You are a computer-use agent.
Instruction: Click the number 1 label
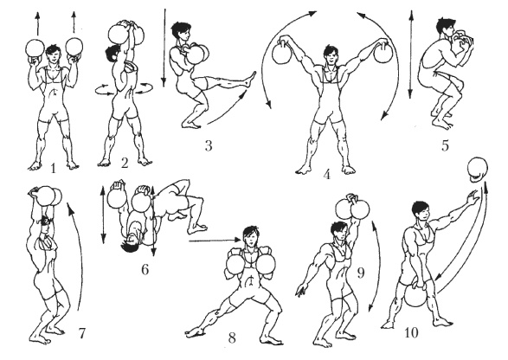[x=54, y=169]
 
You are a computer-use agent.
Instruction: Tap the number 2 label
[x=125, y=164]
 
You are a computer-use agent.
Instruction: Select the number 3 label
[x=209, y=145]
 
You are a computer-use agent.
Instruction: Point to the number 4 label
[x=326, y=175]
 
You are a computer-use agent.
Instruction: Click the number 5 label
[x=445, y=145]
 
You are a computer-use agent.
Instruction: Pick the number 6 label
[x=145, y=269]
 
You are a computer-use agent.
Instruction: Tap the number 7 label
[x=82, y=333]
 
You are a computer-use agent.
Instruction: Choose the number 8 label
[x=232, y=338]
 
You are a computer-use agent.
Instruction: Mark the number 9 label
[x=361, y=273]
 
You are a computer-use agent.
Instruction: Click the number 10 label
[x=411, y=332]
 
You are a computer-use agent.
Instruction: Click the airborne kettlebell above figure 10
[x=478, y=170]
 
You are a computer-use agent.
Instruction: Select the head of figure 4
[x=331, y=55]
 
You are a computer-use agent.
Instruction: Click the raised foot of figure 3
[x=250, y=79]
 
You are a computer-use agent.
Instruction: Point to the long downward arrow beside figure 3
[x=164, y=48]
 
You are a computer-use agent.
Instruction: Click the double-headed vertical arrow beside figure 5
[x=411, y=54]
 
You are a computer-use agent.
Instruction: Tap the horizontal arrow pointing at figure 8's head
[x=215, y=240]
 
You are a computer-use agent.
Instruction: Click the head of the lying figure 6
[x=131, y=243]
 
